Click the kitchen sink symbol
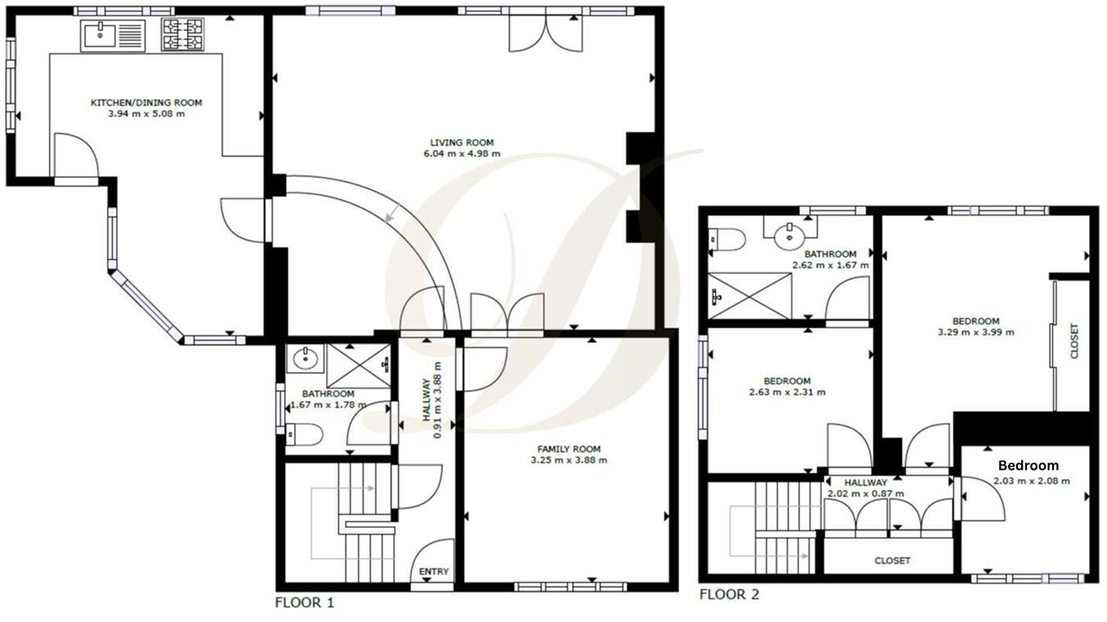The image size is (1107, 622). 112,35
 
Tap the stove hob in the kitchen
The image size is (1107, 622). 182,34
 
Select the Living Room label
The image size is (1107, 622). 463,142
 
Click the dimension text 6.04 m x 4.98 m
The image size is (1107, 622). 463,153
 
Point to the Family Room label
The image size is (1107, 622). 569,448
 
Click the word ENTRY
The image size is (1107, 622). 433,571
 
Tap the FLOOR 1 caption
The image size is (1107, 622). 304,603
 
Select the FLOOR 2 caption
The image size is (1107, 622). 729,594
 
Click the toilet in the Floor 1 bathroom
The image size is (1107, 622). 305,435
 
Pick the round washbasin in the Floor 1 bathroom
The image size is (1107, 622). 306,358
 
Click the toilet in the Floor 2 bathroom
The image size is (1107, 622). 727,239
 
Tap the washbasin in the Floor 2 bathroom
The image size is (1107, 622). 791,236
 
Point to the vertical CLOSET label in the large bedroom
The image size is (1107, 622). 1074,341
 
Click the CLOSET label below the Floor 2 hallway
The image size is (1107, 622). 892,561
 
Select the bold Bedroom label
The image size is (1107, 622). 1028,466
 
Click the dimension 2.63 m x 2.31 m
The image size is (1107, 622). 787,392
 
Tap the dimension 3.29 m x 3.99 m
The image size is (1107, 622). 975,332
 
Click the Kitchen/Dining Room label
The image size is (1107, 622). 146,102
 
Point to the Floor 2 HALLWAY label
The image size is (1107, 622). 865,483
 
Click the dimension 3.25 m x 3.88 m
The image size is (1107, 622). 569,460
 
